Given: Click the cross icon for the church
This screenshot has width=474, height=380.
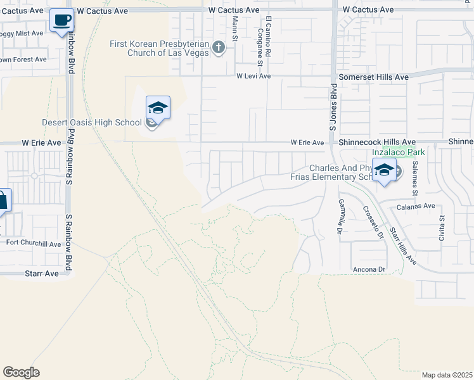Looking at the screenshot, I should [x=219, y=47].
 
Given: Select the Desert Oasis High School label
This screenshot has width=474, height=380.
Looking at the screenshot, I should [x=93, y=122].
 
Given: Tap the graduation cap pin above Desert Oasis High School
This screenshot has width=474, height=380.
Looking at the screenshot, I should [x=158, y=108].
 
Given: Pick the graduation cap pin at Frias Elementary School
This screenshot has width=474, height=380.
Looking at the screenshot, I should [x=384, y=170].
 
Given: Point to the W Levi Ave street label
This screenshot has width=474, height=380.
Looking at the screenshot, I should [x=253, y=76].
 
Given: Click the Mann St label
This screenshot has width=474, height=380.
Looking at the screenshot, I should [x=234, y=28].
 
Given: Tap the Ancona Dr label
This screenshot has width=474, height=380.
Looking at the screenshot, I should [x=369, y=270].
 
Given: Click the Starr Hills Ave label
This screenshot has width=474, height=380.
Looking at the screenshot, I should [x=403, y=246].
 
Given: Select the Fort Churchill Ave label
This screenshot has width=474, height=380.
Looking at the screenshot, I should [x=34, y=243].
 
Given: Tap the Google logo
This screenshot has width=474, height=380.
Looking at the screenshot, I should [x=21, y=372].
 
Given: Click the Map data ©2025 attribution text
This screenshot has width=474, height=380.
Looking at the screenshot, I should [x=447, y=375].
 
